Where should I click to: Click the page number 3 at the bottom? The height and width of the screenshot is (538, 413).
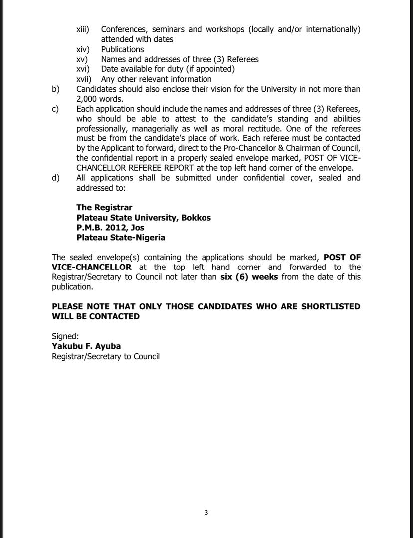point(206,513)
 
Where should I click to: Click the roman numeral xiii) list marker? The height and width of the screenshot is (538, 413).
point(83,29)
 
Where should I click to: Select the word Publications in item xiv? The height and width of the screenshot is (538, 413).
point(122,49)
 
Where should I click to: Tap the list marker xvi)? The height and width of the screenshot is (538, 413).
point(83,69)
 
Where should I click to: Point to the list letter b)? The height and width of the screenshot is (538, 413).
point(56,89)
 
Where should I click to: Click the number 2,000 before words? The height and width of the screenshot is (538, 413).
point(88,99)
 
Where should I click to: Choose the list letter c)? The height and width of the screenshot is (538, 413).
point(56,109)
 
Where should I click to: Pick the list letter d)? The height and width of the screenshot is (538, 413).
point(56,178)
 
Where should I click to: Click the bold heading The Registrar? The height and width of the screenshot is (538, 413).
point(104,207)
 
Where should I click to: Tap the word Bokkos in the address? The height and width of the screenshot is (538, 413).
point(194,218)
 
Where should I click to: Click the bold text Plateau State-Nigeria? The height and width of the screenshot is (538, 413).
point(121,238)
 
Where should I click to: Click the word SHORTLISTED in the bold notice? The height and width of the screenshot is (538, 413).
point(330,306)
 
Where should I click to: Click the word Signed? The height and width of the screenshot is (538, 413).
point(65,336)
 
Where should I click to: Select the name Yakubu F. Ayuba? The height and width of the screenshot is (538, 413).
point(86,346)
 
